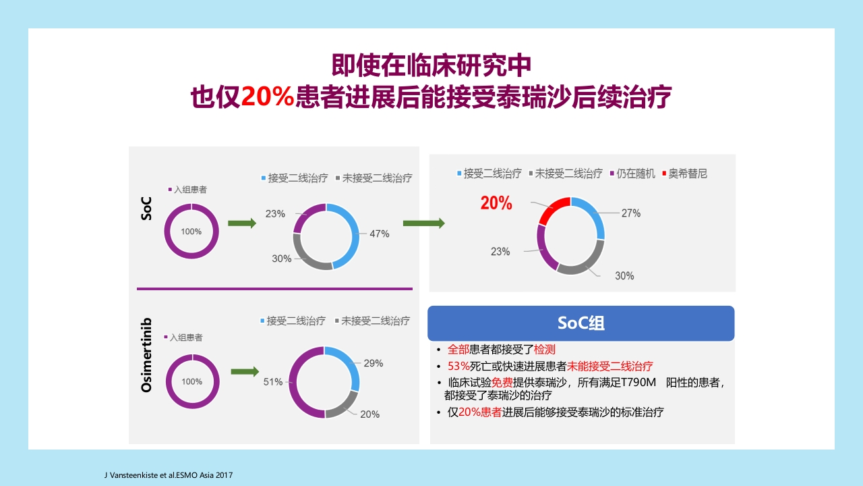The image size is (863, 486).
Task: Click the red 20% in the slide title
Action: (268, 97)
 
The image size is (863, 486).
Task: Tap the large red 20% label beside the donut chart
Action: (496, 202)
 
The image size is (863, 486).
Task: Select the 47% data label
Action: (379, 234)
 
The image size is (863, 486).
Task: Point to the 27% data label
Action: (630, 213)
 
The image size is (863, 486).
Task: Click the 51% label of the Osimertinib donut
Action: (272, 381)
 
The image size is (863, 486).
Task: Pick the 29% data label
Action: (373, 363)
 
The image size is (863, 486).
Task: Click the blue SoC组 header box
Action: (581, 323)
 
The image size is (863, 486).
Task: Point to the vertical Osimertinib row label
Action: (146, 354)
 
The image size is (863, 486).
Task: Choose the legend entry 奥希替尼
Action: (687, 173)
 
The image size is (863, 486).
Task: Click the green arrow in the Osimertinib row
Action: (245, 371)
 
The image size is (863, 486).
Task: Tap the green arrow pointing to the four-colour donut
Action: (423, 223)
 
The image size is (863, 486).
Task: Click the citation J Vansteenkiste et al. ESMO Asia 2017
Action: (167, 475)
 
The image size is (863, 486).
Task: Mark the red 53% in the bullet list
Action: (458, 367)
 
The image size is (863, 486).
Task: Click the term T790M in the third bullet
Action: (641, 382)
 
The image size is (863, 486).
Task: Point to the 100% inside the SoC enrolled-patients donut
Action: (191, 232)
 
